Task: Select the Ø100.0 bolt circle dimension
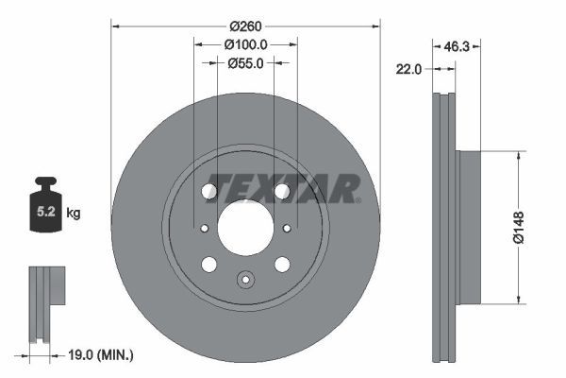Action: click(246, 44)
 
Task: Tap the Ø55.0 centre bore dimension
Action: click(245, 63)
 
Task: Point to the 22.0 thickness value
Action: click(408, 68)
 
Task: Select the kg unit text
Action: click(74, 214)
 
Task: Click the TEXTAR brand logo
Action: click(283, 188)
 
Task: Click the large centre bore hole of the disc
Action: click(245, 227)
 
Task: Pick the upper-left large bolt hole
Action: click(209, 192)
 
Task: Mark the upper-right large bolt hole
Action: click(281, 192)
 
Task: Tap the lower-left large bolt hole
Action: click(209, 264)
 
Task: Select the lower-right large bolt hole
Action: click(281, 264)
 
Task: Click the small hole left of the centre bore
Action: click(204, 228)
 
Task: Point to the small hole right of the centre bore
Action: click(287, 228)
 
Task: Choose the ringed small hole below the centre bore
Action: click(245, 279)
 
